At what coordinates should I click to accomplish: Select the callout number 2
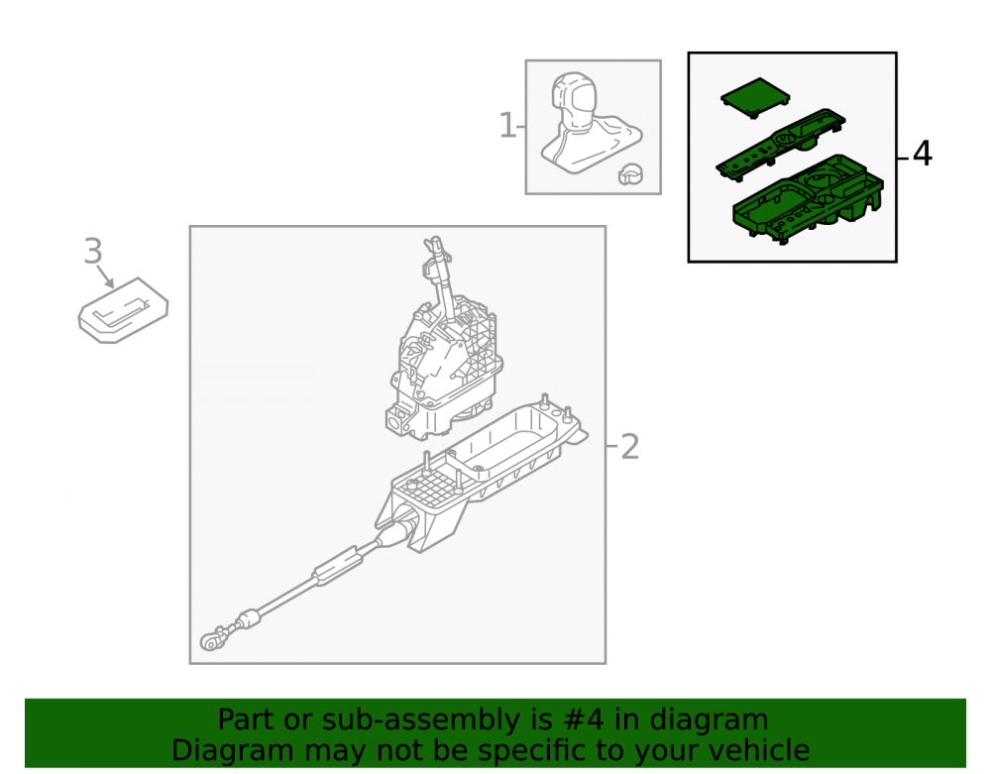(x=629, y=447)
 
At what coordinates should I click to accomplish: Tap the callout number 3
(x=93, y=251)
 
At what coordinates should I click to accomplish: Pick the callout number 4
(x=922, y=154)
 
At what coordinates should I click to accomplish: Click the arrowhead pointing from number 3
(x=109, y=282)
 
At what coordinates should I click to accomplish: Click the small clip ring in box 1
(x=630, y=173)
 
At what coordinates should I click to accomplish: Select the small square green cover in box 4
(x=755, y=97)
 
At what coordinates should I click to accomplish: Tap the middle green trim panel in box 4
(x=780, y=143)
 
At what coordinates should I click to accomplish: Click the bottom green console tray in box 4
(x=808, y=199)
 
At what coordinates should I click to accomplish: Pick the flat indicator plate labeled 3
(x=123, y=310)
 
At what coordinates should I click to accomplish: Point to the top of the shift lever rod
(x=435, y=243)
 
